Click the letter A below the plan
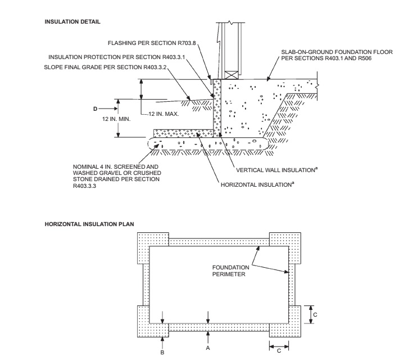pyautogui.click(x=208, y=348)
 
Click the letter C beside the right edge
pyautogui.click(x=315, y=314)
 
